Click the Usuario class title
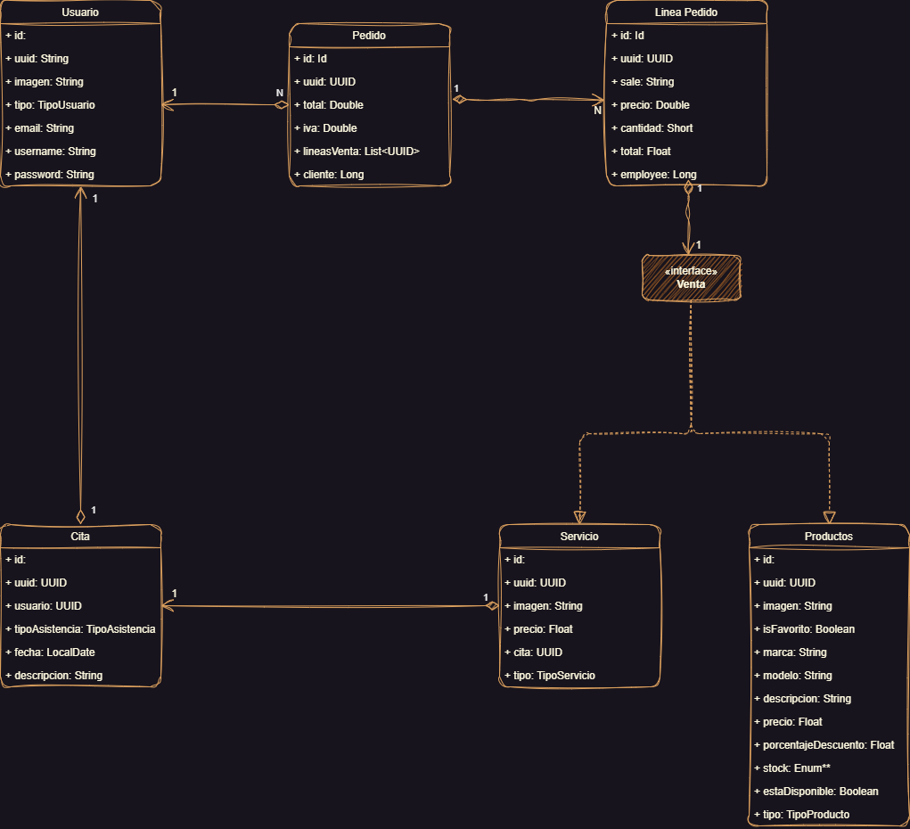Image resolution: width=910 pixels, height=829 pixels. [x=80, y=12]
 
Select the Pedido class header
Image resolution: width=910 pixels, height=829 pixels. [x=369, y=35]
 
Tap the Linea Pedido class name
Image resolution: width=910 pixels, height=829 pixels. [x=686, y=12]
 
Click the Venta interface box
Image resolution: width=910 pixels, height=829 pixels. [x=691, y=277]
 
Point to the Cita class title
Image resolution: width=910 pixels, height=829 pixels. [x=80, y=536]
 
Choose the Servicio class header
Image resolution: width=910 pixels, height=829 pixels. [x=579, y=536]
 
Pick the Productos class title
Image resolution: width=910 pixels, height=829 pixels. [x=829, y=536]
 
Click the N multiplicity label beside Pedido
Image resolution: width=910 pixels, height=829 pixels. [x=280, y=93]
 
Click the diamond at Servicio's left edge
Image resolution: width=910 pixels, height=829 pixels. [x=492, y=606]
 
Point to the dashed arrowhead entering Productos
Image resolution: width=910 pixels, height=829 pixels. [x=829, y=517]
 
